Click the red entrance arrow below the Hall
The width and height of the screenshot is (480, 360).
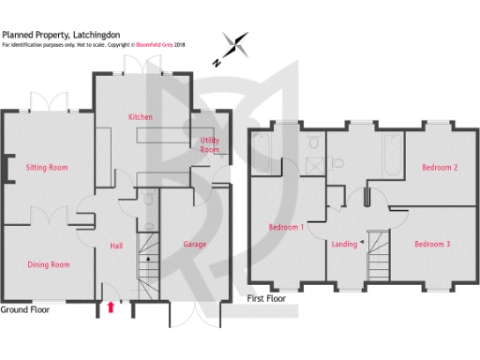[x=112, y=306]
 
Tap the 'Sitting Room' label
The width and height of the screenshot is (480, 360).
[x=47, y=168]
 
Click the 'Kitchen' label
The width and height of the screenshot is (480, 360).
[x=141, y=116]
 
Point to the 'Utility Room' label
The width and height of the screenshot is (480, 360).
[x=209, y=144]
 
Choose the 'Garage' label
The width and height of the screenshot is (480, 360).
[x=196, y=244]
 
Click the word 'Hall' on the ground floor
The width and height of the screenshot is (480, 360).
[x=116, y=245]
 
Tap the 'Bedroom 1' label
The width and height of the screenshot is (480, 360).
[x=287, y=228]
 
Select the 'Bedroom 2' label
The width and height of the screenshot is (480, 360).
[x=439, y=168]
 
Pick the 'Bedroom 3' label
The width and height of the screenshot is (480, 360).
[x=433, y=244]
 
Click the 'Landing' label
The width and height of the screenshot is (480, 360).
[x=344, y=244]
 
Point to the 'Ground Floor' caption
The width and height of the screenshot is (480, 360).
[x=25, y=308]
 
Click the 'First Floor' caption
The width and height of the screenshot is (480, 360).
[x=267, y=298]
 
